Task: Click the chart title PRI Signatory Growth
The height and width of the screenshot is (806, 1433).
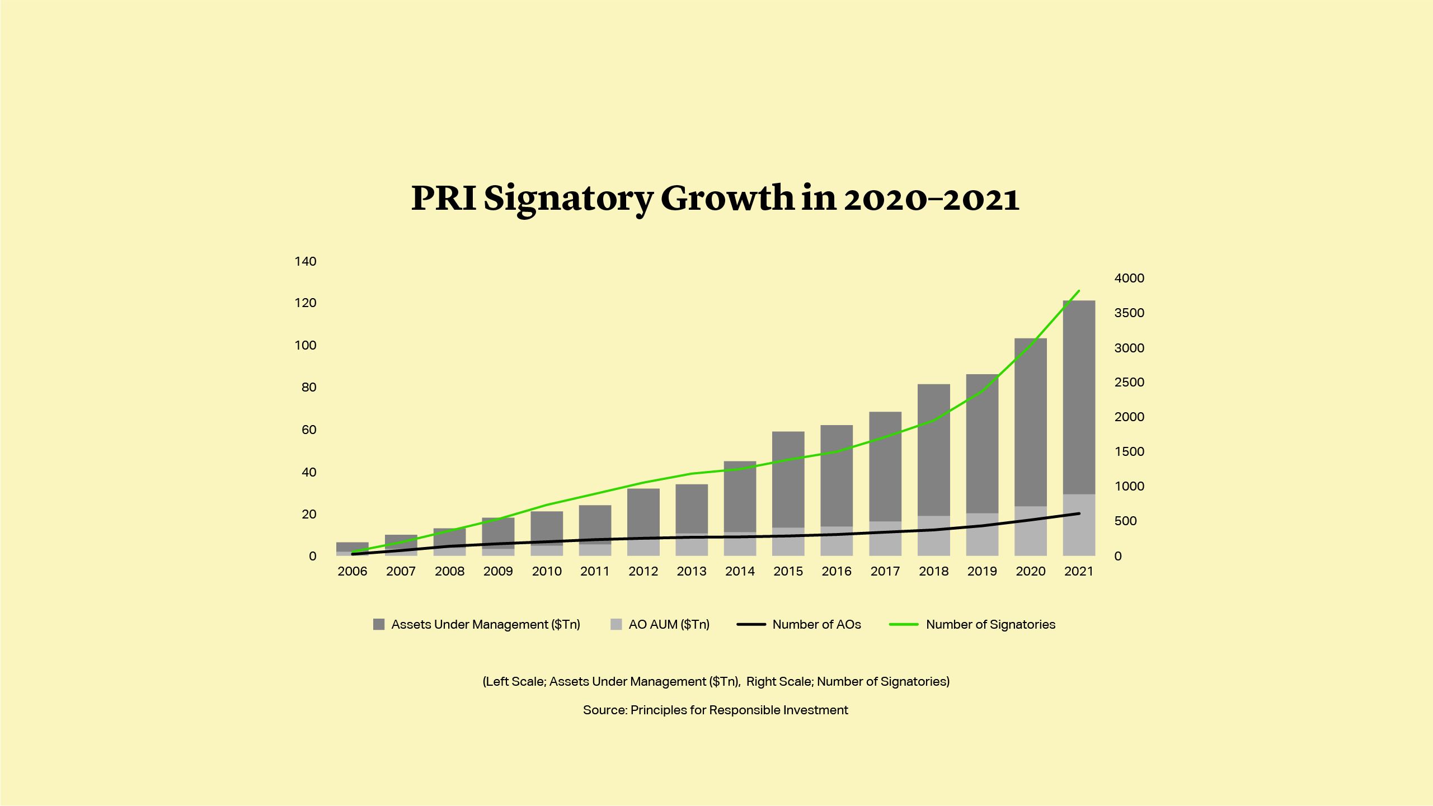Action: [715, 198]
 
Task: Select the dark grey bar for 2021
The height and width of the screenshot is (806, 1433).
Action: [1079, 397]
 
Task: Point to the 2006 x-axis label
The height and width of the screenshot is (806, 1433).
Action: [353, 571]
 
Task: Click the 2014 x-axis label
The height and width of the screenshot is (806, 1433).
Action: [740, 571]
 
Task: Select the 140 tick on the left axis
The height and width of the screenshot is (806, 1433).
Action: [306, 261]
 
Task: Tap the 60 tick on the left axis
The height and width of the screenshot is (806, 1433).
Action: [309, 430]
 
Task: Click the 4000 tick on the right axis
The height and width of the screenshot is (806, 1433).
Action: [1129, 278]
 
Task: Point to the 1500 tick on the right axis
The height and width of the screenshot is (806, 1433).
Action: [1129, 451]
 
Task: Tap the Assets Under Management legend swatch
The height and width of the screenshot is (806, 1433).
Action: [379, 624]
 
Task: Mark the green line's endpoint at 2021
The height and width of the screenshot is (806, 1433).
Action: [1079, 291]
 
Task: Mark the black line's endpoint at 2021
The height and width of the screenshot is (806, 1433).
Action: [1079, 513]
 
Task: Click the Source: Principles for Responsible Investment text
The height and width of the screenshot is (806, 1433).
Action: [715, 710]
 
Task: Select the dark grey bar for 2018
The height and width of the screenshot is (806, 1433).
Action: [933, 450]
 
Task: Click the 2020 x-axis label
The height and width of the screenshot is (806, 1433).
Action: [1030, 571]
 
